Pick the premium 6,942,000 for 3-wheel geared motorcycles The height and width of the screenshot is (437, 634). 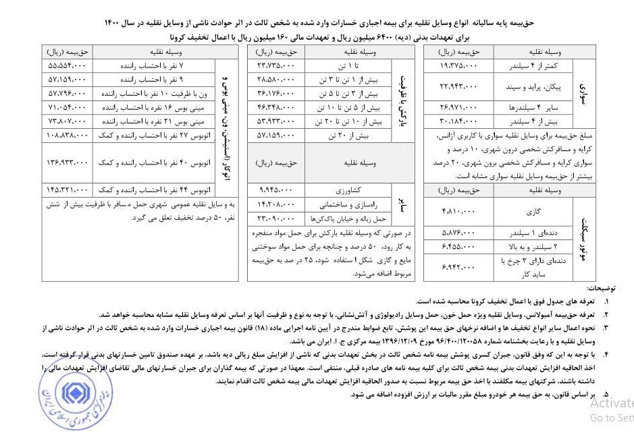pos(460,268)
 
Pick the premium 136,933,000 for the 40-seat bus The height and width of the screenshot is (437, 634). pos(68,163)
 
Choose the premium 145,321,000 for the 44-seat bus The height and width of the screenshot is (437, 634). pos(68,190)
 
